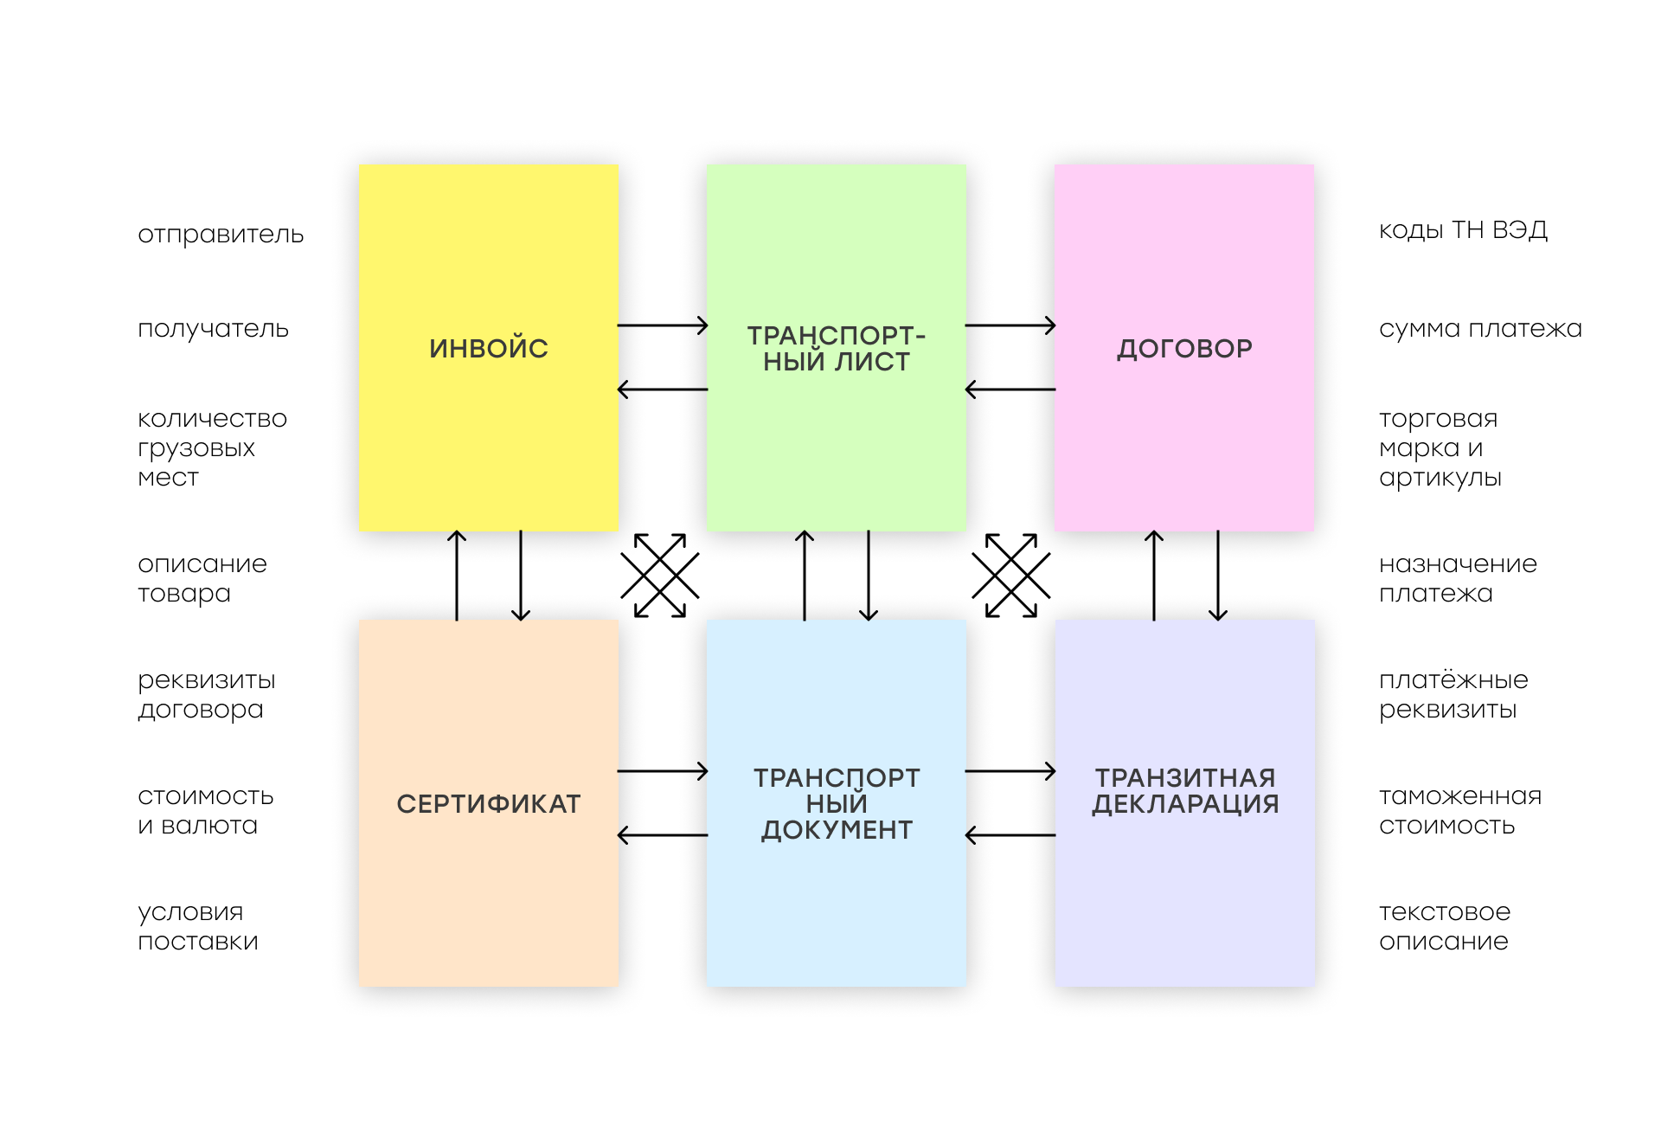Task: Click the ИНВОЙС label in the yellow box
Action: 489,348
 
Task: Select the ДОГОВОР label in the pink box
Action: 1184,349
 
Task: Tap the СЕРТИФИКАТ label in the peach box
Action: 489,804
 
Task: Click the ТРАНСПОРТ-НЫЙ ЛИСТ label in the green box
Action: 837,348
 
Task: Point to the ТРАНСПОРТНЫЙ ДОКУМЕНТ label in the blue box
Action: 837,804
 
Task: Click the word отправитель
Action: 221,235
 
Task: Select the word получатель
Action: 213,330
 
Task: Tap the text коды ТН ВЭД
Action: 1463,230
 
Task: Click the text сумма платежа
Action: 1480,329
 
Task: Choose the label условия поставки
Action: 198,927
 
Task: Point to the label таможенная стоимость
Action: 1460,810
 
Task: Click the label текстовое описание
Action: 1445,926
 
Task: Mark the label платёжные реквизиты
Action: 1453,695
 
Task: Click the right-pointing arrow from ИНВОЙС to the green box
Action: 663,325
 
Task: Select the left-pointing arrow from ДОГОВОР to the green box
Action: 1010,389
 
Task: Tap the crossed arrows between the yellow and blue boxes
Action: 660,576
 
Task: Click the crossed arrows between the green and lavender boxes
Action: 1011,576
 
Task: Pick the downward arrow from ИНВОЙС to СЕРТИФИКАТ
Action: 521,576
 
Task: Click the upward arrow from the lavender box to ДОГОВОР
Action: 1154,576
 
